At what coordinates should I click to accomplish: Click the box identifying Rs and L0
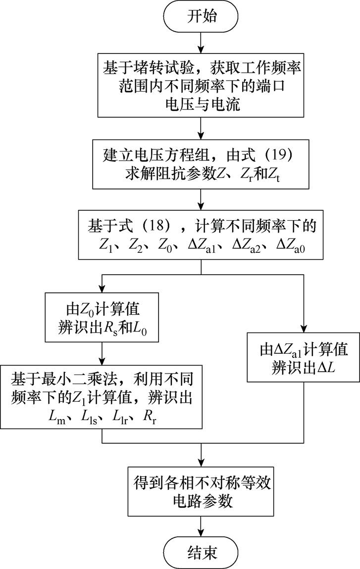click(x=102, y=317)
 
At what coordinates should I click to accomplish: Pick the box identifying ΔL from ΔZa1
click(x=303, y=357)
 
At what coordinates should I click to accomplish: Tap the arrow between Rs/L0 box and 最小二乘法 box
click(x=102, y=353)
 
